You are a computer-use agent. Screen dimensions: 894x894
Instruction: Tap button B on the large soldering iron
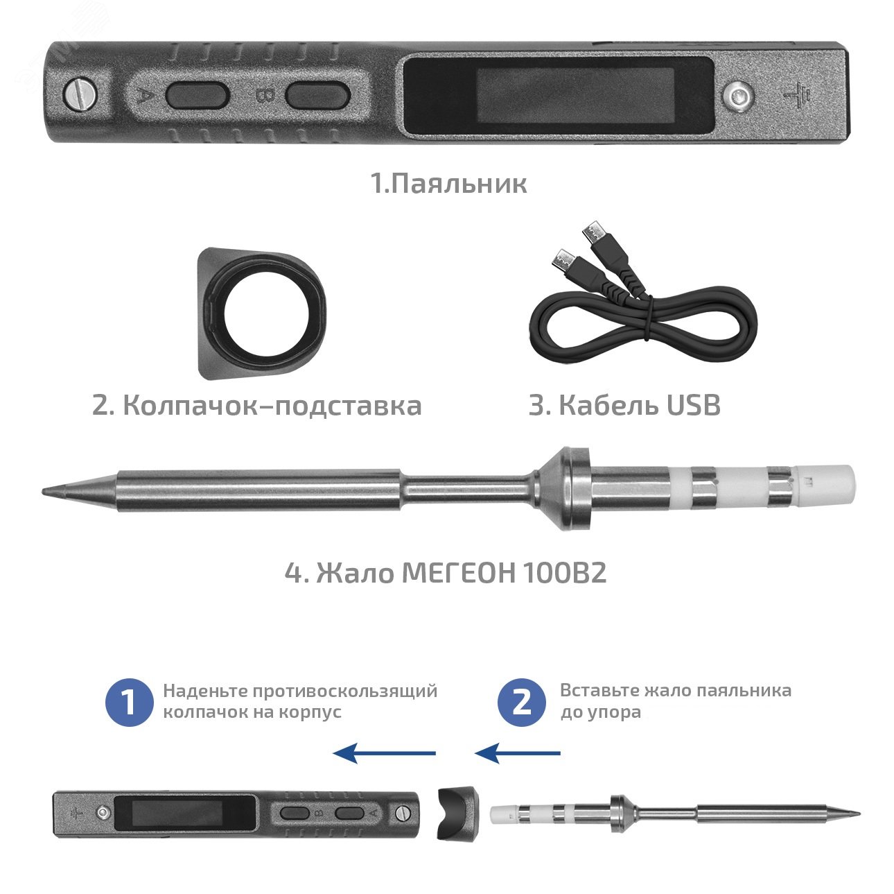pos(316,94)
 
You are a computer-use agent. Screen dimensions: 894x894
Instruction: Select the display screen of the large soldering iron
pos(557,94)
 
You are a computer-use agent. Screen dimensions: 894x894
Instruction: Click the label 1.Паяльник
pos(448,184)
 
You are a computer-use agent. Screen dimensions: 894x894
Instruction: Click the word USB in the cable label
pos(693,406)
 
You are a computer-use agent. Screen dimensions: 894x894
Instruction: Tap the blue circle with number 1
pos(129,702)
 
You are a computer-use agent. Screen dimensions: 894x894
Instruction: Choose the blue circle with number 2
pos(522,702)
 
